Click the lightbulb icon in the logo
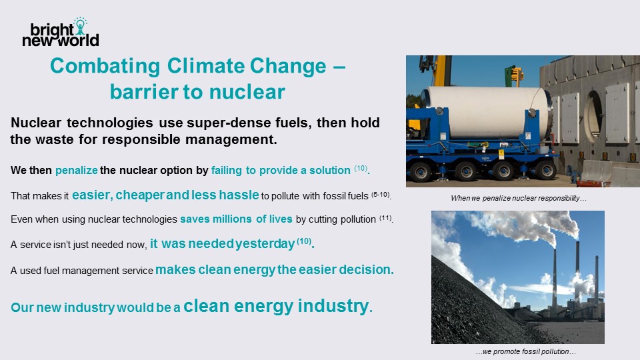(x=81, y=26)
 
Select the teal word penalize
(x=76, y=170)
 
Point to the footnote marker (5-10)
(x=381, y=195)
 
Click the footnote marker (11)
(x=386, y=218)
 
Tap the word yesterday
(x=265, y=244)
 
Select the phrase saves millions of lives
(x=236, y=219)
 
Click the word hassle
(x=239, y=195)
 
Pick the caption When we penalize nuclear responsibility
(x=519, y=199)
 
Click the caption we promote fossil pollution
(x=526, y=351)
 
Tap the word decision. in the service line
(x=367, y=269)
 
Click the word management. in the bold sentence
(x=231, y=139)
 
